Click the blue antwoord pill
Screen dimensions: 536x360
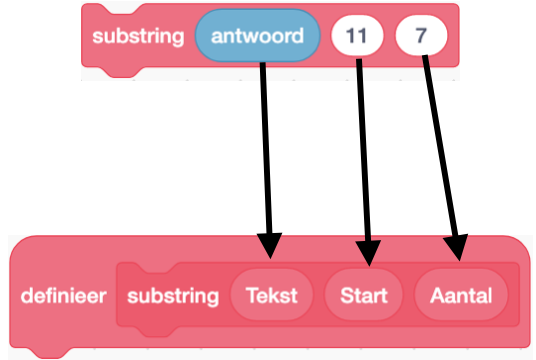258,37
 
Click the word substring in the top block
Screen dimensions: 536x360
138,37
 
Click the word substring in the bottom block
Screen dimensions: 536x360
173,297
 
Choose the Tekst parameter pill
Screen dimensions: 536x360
271,297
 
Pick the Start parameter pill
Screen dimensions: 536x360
364,297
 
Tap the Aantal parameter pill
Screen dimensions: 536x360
461,297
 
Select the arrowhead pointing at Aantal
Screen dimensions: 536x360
460,249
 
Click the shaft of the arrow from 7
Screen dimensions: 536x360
443,150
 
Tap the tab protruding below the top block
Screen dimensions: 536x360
116,72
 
